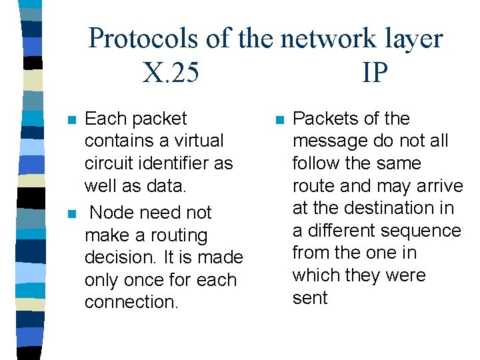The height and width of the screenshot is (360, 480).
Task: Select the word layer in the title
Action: pos(413,39)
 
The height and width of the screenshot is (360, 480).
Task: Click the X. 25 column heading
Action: pos(171,72)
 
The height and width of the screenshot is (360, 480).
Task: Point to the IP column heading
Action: pos(375,72)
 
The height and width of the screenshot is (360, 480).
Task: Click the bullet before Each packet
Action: pos(71,120)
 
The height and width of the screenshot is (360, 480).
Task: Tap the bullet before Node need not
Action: pos(71,214)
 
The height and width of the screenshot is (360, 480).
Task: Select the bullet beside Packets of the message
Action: pos(279,120)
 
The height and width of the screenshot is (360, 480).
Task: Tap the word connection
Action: pos(131,302)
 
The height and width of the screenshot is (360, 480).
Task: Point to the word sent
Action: pos(310,298)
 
